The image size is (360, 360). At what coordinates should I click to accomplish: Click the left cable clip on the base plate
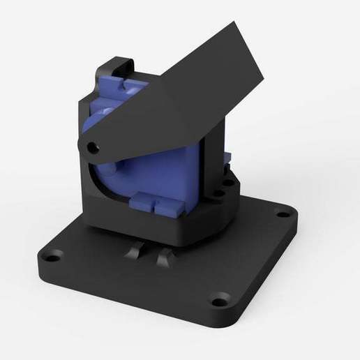(x=135, y=253)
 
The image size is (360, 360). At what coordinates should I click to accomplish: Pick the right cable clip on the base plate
(x=163, y=259)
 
